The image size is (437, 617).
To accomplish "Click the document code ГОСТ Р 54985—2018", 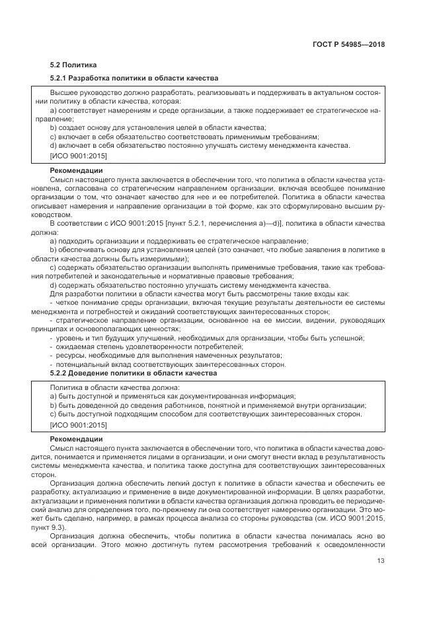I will (350, 45).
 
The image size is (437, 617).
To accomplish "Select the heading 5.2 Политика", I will (73, 65).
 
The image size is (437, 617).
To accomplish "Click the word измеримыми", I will (166, 259).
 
